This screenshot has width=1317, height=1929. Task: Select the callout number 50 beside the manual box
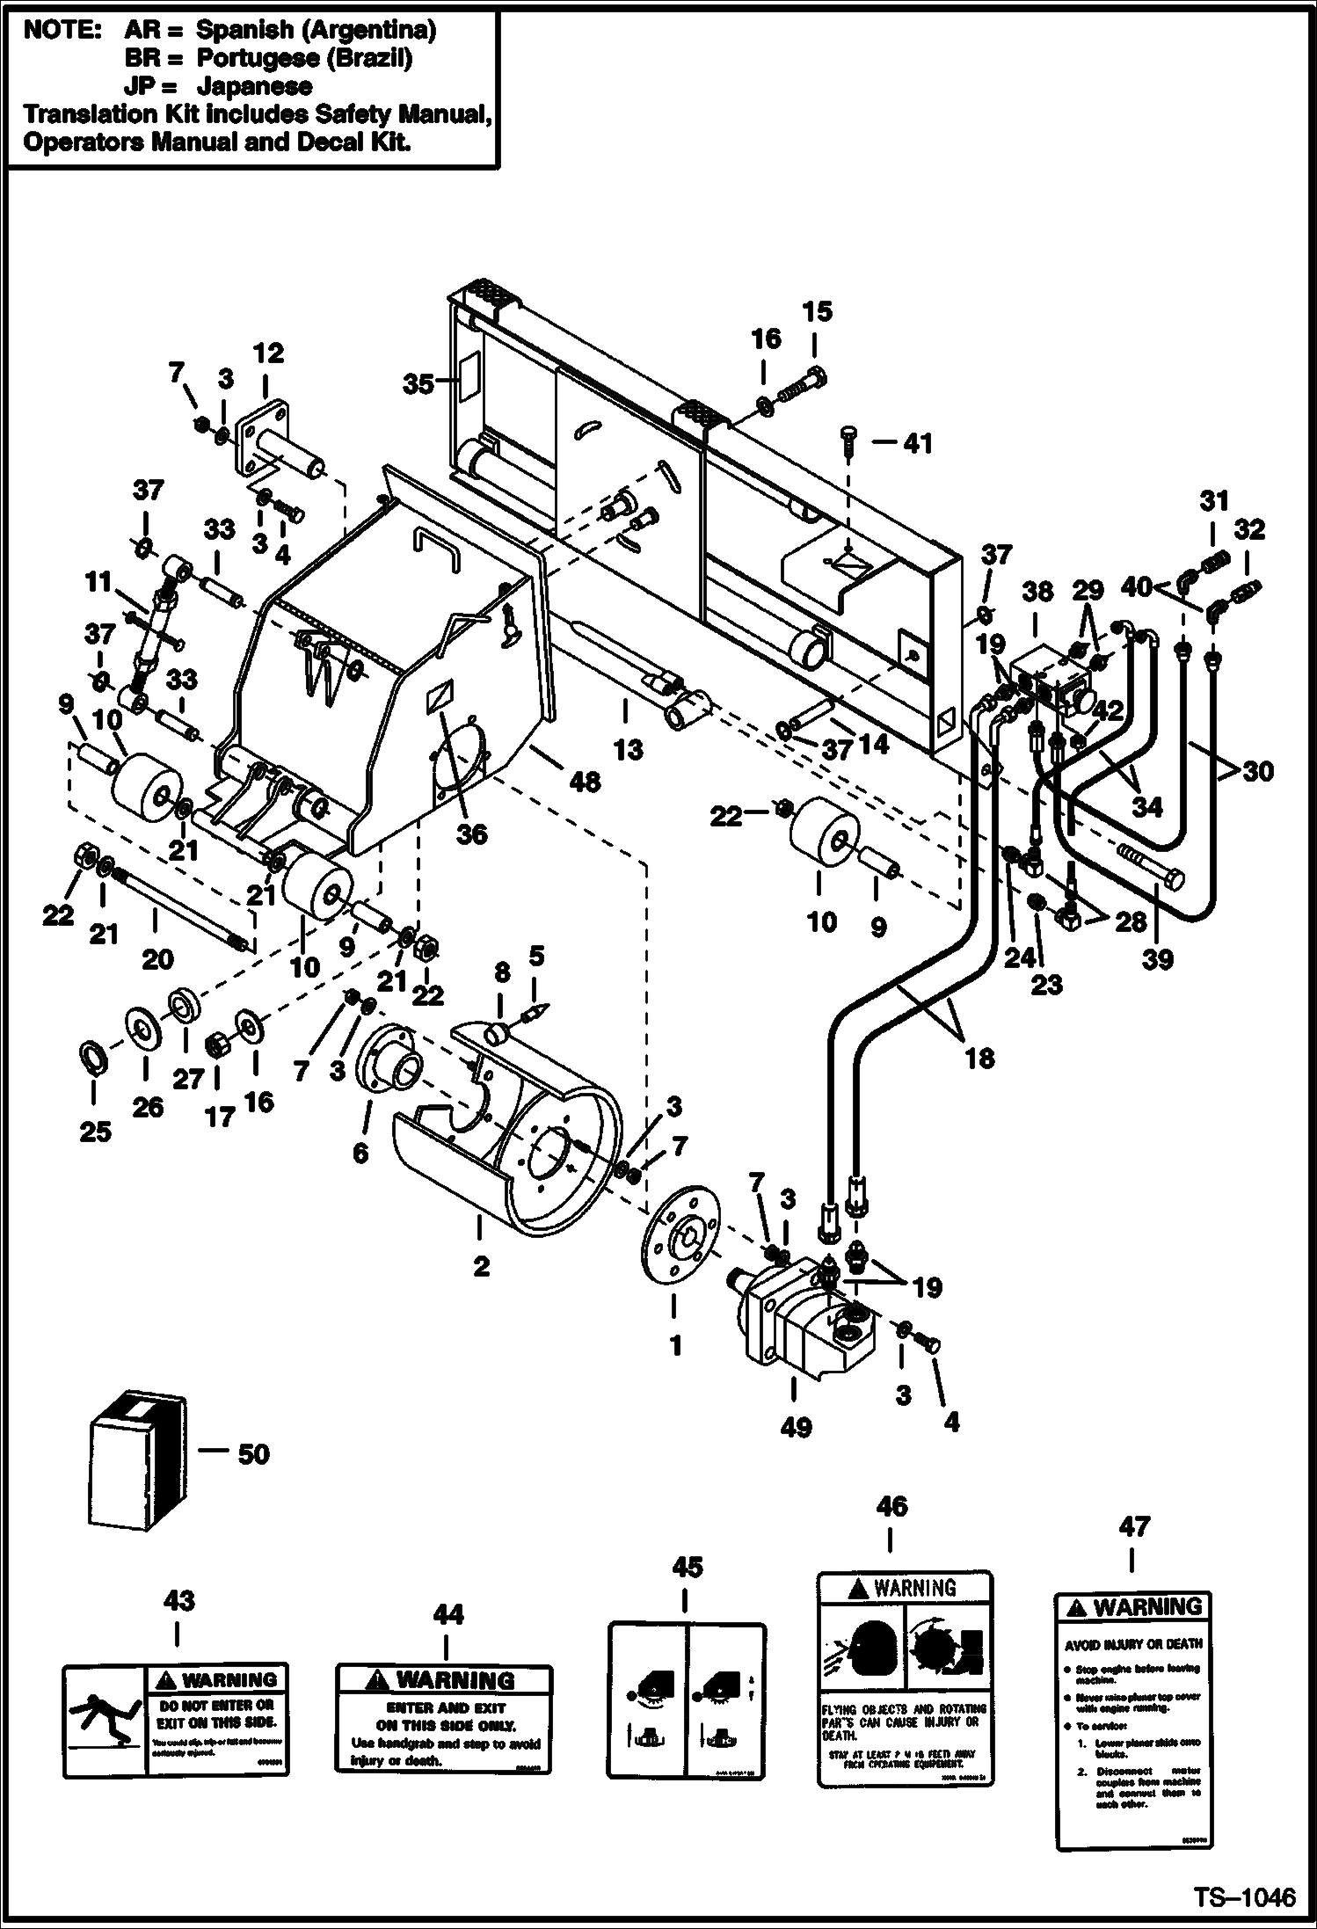tap(253, 1453)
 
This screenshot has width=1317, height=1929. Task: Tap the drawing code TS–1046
tap(1244, 1896)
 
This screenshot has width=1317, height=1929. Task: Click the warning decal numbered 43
tap(176, 1720)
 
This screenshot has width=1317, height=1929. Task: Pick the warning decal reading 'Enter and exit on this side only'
tap(445, 1719)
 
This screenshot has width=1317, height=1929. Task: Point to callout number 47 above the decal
tap(1133, 1551)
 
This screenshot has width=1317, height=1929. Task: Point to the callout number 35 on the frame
tap(418, 384)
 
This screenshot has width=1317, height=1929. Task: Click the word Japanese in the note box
tap(254, 85)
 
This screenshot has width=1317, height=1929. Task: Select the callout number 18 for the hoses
tap(979, 1058)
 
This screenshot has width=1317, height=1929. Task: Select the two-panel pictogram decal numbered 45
tap(687, 1702)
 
